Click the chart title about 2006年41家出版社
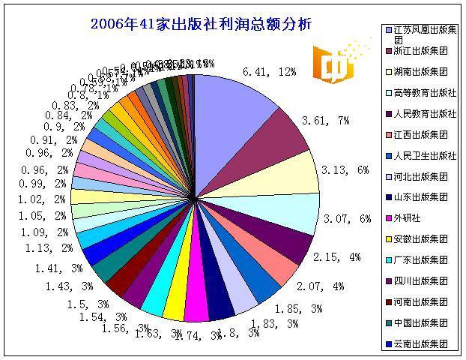point(200,23)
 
